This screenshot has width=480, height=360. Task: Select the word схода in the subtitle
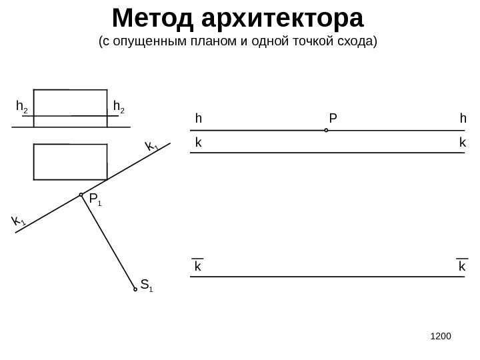click(x=357, y=42)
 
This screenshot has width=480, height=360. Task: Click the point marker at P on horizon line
click(x=327, y=131)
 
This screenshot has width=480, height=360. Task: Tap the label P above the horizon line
click(x=333, y=119)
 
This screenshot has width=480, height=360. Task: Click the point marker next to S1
click(x=135, y=289)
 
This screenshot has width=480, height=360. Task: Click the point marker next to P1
click(x=81, y=195)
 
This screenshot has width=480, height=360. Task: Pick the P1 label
click(x=95, y=199)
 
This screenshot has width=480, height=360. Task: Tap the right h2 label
click(x=119, y=107)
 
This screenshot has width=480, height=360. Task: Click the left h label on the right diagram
click(x=198, y=119)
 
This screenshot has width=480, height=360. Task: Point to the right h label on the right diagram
click(x=463, y=119)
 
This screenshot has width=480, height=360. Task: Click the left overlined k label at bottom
click(x=198, y=266)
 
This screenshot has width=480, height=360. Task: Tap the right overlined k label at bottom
click(x=462, y=266)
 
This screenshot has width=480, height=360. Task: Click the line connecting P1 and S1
click(x=108, y=242)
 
